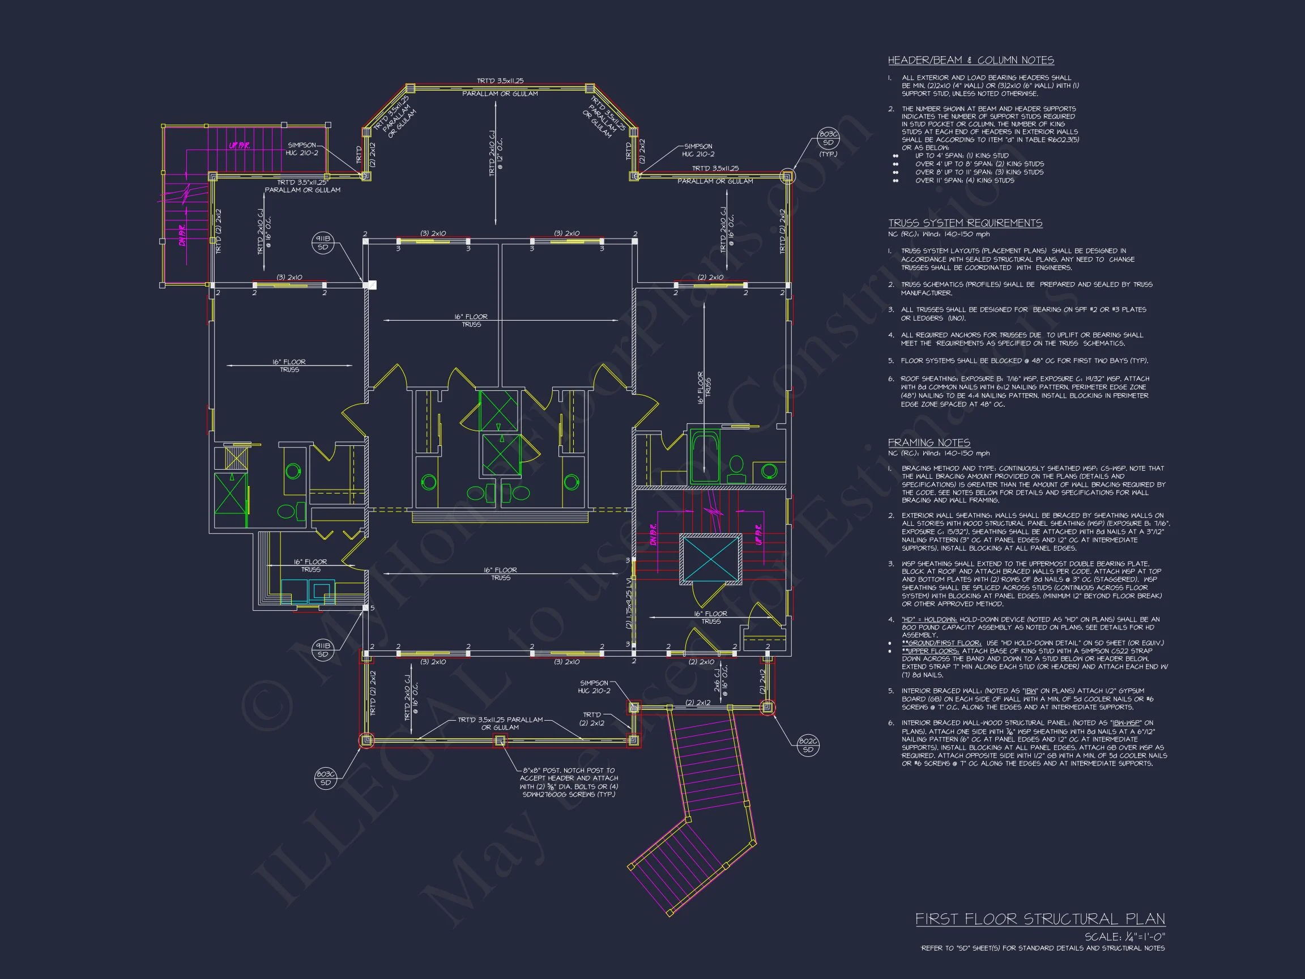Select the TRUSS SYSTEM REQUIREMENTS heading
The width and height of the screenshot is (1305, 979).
[x=965, y=223]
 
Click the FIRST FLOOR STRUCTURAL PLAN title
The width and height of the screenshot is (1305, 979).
[x=1039, y=919]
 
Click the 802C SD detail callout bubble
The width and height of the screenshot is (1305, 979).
[x=808, y=746]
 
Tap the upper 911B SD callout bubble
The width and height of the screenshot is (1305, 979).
[x=323, y=243]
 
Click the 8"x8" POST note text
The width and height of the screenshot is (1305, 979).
[x=569, y=782]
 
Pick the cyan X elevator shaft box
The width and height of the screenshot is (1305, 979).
[x=710, y=559]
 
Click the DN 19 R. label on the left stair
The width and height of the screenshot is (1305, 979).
[x=183, y=235]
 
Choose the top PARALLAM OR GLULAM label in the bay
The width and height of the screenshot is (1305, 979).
[x=500, y=94]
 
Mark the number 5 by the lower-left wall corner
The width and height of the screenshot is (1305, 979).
[x=372, y=608]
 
